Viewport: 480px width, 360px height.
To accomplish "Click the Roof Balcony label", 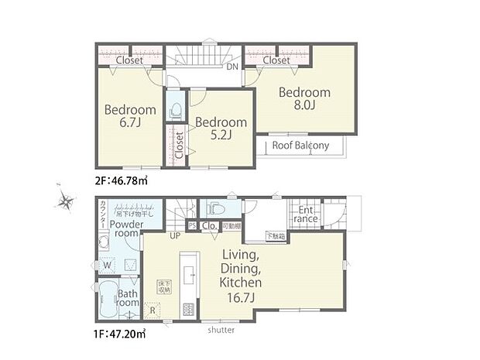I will click(x=300, y=146).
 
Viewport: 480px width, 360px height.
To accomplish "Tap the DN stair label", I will click(x=232, y=67).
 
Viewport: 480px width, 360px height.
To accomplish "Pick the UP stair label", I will click(x=175, y=235).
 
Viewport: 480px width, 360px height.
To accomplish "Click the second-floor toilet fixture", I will click(x=174, y=111).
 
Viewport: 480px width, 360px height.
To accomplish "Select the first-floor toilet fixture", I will click(x=218, y=209).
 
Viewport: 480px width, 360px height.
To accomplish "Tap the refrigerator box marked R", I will click(x=152, y=313).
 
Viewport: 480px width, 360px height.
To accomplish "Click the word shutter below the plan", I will click(x=221, y=331).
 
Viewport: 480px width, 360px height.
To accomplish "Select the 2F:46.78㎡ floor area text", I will click(x=121, y=180).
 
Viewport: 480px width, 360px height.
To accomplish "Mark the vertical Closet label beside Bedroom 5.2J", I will click(x=179, y=144).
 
